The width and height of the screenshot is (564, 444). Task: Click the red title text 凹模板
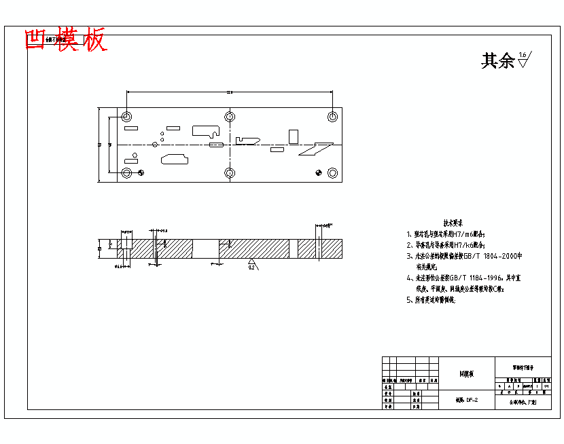[65, 40]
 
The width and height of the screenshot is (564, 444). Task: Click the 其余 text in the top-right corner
[497, 61]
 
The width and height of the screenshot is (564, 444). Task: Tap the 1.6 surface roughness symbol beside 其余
[524, 59]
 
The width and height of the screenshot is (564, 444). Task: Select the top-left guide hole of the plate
[127, 117]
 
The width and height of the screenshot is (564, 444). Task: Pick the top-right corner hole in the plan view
[332, 117]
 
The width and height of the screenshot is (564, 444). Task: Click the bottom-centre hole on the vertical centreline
[230, 173]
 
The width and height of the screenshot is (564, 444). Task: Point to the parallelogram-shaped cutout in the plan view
[315, 149]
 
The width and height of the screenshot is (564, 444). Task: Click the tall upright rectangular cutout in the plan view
[293, 136]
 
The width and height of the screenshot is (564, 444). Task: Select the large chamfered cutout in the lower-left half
[175, 160]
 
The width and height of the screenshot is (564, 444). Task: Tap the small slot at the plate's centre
[216, 145]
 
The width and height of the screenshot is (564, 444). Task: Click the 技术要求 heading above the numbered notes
[453, 223]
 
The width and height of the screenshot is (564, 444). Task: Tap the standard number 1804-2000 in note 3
[500, 256]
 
